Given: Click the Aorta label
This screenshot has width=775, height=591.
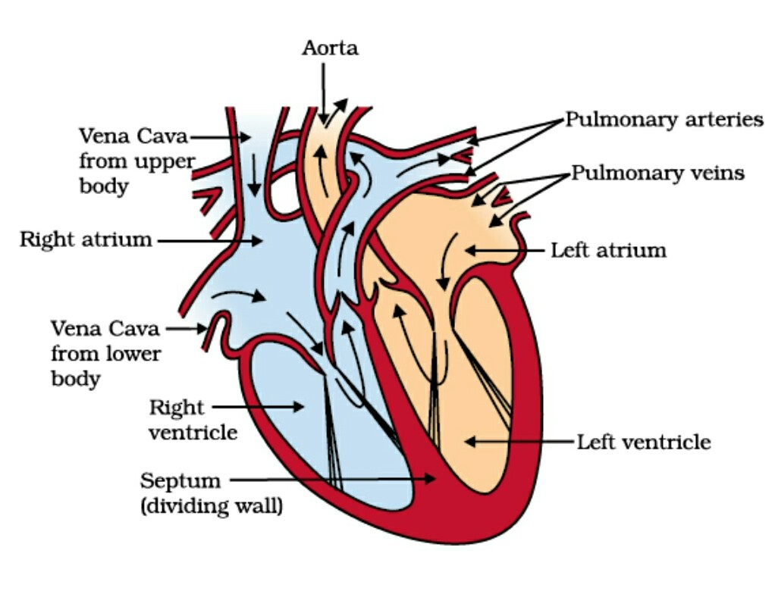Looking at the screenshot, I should click(x=330, y=48).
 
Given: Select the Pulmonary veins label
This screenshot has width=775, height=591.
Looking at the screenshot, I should click(x=657, y=173).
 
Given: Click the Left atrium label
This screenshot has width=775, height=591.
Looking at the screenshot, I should click(x=609, y=249).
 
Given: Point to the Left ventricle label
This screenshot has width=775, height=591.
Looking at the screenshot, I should click(x=644, y=441).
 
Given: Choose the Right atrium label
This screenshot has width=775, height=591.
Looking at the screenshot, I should click(x=86, y=240).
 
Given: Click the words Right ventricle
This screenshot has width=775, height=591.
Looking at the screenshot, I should click(x=193, y=420).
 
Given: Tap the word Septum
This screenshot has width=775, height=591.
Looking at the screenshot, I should click(x=180, y=480).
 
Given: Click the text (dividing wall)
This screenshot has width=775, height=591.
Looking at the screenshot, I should click(x=212, y=505).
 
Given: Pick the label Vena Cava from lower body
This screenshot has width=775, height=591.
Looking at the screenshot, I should click(x=105, y=353).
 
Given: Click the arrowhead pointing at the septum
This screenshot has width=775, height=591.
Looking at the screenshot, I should click(x=432, y=479).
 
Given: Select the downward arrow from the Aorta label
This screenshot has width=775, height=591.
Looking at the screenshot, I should click(x=324, y=91).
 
